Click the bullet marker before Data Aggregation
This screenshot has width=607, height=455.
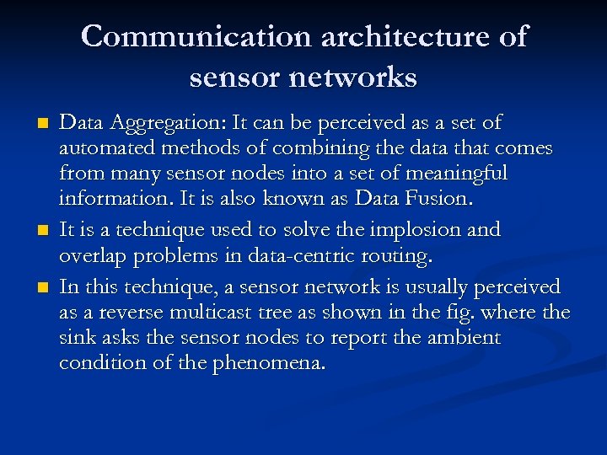point(42,124)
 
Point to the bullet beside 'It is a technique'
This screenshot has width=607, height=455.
point(42,230)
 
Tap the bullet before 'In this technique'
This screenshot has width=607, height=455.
point(42,287)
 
